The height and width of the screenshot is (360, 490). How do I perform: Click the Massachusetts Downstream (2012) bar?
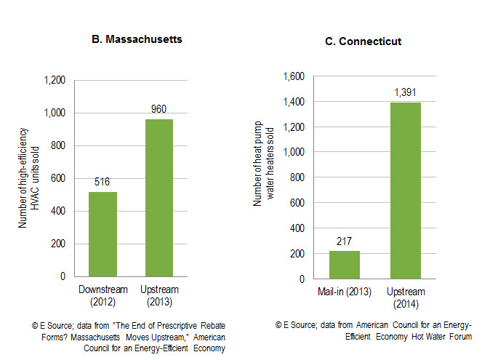click(103, 234)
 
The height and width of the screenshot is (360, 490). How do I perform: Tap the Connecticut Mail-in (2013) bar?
click(344, 265)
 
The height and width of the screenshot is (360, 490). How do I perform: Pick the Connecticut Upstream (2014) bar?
click(405, 191)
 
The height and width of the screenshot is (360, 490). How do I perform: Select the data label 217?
click(344, 241)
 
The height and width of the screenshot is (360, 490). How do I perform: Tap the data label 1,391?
click(405, 93)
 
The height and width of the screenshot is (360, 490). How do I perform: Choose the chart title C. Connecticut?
click(363, 41)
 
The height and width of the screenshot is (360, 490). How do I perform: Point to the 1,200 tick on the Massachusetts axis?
click(55, 80)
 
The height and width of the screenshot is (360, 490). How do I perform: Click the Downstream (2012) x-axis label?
click(103, 295)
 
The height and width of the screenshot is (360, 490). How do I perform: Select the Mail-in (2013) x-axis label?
click(344, 292)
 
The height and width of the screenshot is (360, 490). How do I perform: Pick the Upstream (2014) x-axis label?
click(405, 297)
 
